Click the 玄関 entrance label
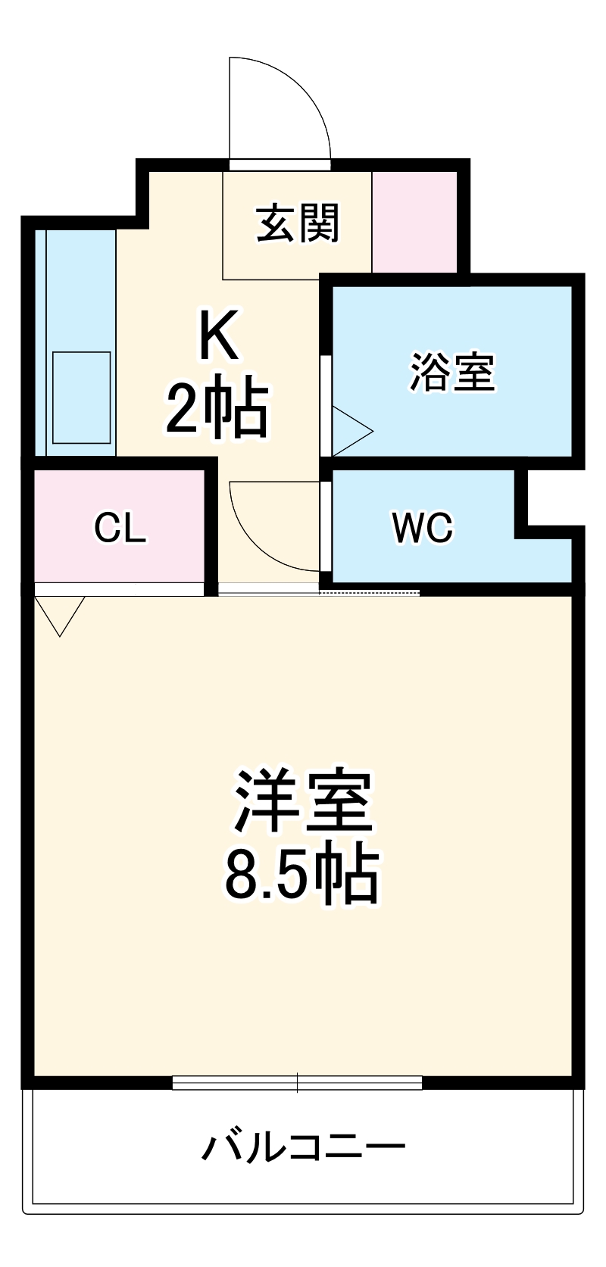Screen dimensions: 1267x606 click(298, 223)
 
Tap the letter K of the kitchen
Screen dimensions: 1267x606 click(218, 336)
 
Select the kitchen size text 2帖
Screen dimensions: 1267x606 click(217, 410)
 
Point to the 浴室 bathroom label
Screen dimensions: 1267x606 click(452, 371)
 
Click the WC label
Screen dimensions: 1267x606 click(422, 527)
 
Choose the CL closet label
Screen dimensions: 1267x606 click(120, 528)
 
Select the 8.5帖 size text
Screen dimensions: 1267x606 click(301, 875)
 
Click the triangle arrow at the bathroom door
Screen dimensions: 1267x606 click(351, 432)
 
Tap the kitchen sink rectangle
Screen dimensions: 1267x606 click(81, 398)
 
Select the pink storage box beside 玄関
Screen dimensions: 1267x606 click(414, 222)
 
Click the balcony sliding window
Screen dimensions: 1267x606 click(297, 1083)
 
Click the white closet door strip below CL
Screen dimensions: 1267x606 click(119, 588)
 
